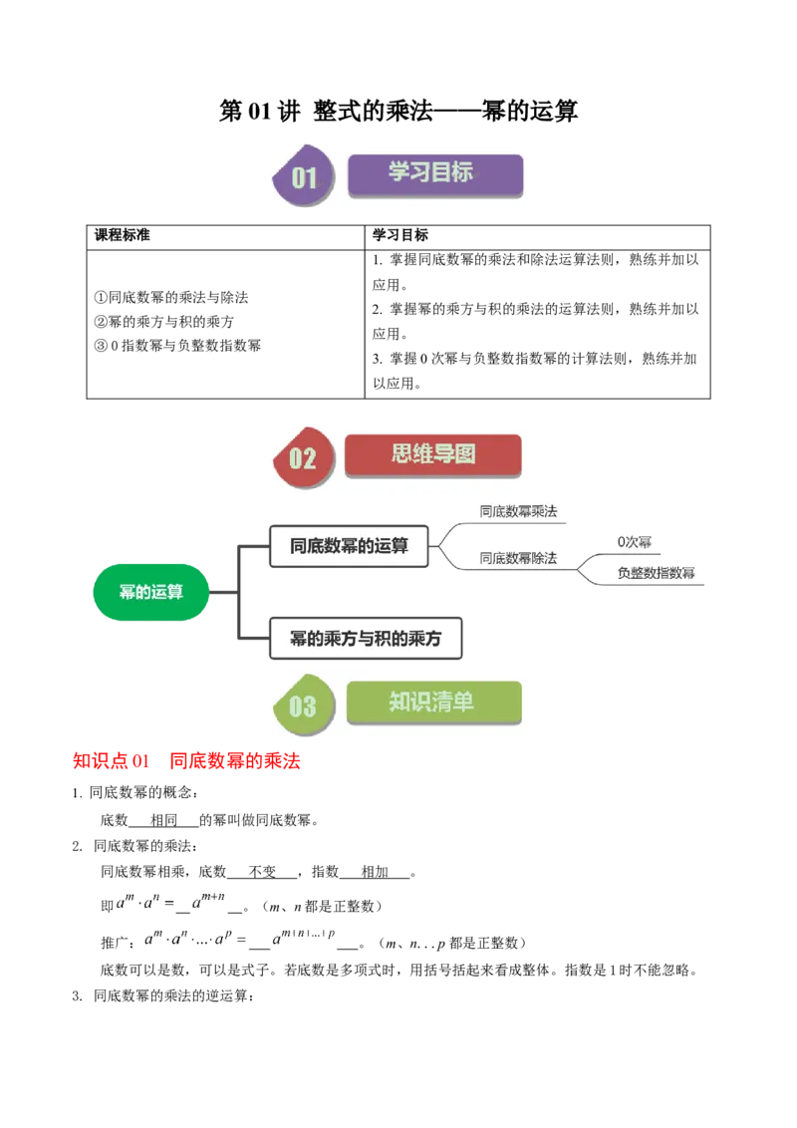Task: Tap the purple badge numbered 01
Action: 302,177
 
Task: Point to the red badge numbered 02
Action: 301,457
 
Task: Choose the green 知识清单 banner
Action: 433,703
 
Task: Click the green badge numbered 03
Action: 302,705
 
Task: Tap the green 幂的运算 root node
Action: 150,592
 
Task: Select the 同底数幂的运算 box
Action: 349,545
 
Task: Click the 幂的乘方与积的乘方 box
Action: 366,639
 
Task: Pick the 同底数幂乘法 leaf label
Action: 518,512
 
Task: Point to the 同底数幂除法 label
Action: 518,558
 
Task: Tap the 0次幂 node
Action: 635,543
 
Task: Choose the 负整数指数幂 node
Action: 657,573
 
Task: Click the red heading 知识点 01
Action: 111,762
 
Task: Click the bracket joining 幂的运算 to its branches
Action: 235,593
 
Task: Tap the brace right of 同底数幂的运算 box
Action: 450,545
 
